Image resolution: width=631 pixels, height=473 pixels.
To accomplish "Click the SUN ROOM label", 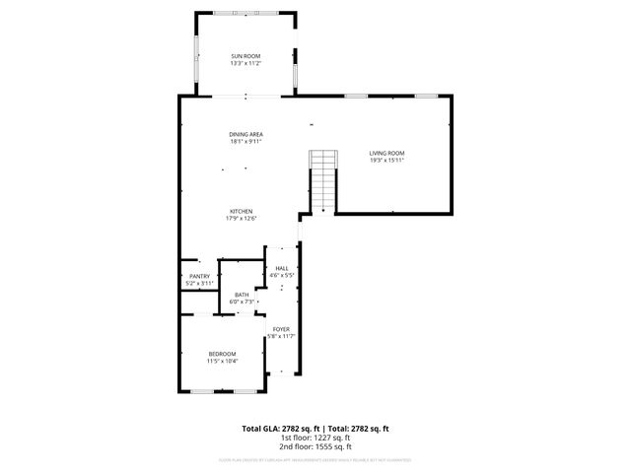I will coord(245,57).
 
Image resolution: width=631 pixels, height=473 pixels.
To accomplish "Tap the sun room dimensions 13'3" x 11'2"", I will coord(245,64).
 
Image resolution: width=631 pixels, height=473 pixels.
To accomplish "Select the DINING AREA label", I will coord(245,134).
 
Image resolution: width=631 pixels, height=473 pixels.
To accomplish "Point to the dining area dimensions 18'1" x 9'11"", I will coord(245,141).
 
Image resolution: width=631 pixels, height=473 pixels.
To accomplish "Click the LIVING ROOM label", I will coord(387,153).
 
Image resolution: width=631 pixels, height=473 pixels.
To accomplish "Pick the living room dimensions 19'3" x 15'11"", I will coord(387,160).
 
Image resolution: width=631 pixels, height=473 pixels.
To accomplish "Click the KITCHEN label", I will coord(242,212).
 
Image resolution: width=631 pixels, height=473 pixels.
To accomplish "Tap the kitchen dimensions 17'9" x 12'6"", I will coord(242,219).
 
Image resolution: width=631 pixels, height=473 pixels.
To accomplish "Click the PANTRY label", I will coord(199,277).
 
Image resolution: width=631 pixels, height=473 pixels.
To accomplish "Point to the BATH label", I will coord(242,295).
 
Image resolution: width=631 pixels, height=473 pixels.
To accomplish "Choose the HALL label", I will coord(282,268).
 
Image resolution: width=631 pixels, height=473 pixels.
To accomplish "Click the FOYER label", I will coord(281,329).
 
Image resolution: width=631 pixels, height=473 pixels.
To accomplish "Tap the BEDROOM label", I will coord(222,354).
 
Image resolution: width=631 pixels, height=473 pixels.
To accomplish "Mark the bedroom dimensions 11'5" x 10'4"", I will coord(222,361).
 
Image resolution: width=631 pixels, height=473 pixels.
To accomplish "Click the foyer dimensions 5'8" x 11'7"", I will coord(281,336).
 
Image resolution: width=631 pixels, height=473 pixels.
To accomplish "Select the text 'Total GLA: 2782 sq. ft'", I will coord(281,429).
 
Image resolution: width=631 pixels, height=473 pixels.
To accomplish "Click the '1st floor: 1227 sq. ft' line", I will coord(315,437).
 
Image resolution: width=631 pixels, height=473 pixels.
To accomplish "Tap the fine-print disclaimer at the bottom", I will coord(315,459).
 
